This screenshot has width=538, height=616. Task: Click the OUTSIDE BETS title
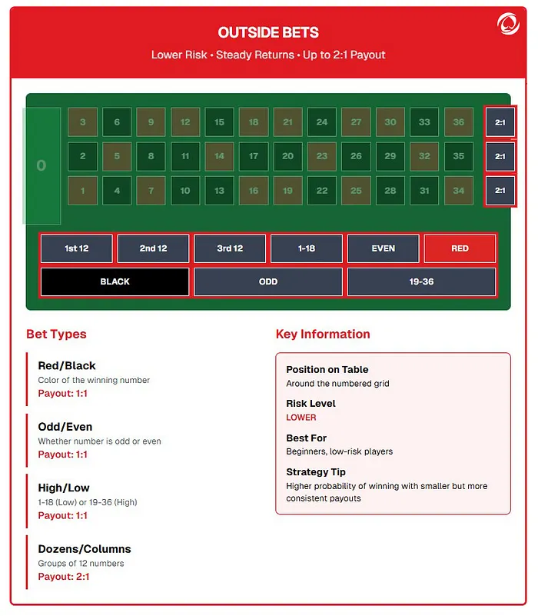[x=268, y=32]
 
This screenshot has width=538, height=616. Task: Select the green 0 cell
[x=42, y=165]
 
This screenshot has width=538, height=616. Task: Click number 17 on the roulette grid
[x=254, y=156]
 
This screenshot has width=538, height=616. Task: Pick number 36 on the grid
[x=459, y=122]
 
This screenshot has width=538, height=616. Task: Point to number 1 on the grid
[x=83, y=191]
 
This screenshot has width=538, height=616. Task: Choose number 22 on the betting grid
[x=322, y=191]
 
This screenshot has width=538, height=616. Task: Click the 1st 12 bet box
[x=77, y=248]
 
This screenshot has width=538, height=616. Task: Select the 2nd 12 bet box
[x=153, y=248]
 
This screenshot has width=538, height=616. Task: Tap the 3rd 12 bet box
[x=230, y=248]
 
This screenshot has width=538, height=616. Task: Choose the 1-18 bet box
[x=307, y=248]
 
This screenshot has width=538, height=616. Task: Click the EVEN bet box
[x=383, y=248]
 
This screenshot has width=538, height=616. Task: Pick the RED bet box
[x=460, y=248]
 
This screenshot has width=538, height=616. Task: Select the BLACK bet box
[x=115, y=281]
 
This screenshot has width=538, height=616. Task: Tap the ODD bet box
[x=268, y=281]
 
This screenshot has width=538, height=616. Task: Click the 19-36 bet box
[x=421, y=281]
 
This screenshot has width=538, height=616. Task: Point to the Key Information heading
[x=323, y=334]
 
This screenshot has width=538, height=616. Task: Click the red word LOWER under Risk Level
[x=301, y=418]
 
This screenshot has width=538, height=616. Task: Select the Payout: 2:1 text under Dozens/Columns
[x=64, y=577]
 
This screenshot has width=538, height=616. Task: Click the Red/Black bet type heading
[x=67, y=366]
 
